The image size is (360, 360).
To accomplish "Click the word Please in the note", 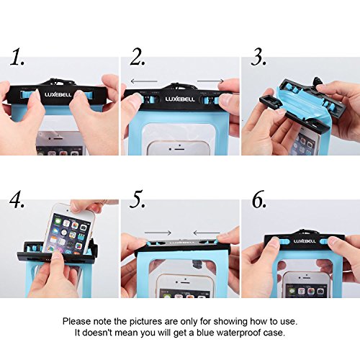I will [78, 320].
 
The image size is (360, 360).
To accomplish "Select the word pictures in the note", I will [155, 320].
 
